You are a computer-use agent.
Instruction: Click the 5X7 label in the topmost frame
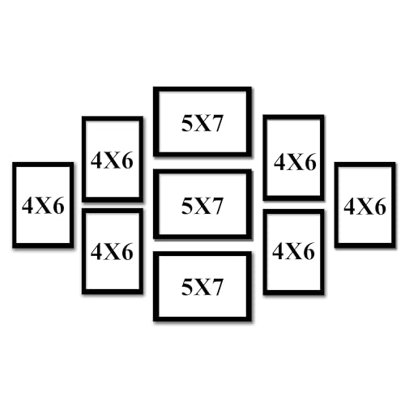(x=202, y=124)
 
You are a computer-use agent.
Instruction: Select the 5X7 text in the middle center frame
(x=202, y=206)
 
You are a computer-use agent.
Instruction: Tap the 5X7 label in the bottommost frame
(x=202, y=287)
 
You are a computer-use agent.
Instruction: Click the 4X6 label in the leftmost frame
(x=43, y=206)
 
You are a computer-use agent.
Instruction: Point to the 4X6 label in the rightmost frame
(x=364, y=207)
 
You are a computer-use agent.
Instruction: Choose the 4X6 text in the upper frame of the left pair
(x=112, y=160)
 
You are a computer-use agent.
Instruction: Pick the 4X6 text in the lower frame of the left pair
(x=112, y=252)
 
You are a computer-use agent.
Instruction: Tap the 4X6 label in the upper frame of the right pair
(x=295, y=162)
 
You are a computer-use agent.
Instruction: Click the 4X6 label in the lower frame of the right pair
(x=293, y=251)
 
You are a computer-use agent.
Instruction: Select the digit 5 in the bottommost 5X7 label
(x=187, y=287)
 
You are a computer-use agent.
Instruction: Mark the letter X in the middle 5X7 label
(x=202, y=207)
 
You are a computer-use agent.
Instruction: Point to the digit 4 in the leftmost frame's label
(x=28, y=206)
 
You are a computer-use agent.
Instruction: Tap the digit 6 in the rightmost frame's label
(x=380, y=207)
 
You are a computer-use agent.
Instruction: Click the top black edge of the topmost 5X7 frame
(x=202, y=89)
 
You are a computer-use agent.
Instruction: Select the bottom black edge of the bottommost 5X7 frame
(x=202, y=319)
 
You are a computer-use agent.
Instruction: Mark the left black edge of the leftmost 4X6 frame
(x=15, y=205)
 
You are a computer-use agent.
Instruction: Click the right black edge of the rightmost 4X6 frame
(x=394, y=205)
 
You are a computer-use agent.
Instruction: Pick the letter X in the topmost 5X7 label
(x=202, y=125)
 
